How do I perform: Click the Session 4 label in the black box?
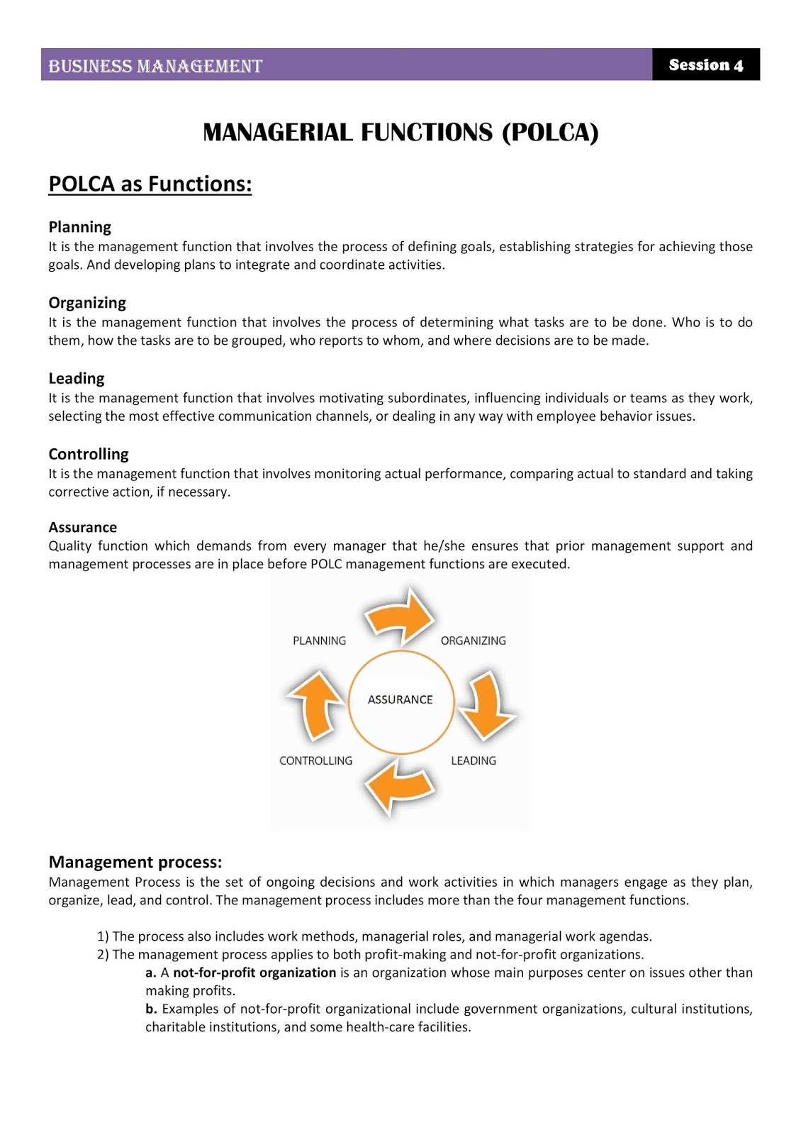705,65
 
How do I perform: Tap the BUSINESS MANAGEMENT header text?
155,66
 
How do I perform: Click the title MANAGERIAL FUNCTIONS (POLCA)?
400,133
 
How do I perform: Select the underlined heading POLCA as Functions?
150,184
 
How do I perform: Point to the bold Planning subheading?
79,227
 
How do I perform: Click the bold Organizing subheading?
87,303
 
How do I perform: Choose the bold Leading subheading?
76,378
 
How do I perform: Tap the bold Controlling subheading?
89,454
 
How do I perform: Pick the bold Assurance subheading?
82,527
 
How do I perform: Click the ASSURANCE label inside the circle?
400,699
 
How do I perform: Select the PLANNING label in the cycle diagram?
319,641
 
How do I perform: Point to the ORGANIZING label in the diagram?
473,641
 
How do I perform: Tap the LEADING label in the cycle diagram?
474,760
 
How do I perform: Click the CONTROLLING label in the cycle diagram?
315,760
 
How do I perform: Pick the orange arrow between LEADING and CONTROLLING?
398,787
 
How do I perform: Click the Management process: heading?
135,862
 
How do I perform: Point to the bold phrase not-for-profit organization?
254,973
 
